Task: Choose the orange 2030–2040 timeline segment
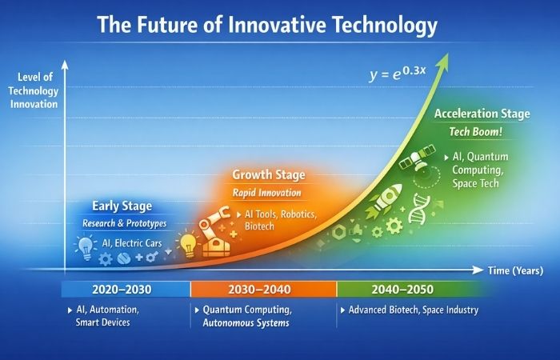click(x=263, y=289)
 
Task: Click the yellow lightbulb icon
click(x=187, y=242)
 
